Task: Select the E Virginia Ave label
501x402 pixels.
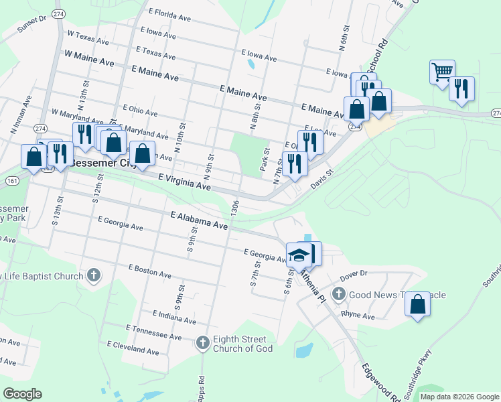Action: pyautogui.click(x=184, y=182)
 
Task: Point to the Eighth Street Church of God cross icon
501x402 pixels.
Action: pyautogui.click(x=203, y=344)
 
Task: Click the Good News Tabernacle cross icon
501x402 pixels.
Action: pyautogui.click(x=339, y=294)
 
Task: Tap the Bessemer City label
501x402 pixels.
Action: pyautogui.click(x=102, y=163)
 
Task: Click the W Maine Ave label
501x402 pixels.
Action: pyautogui.click(x=89, y=59)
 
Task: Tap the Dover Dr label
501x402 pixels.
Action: pyautogui.click(x=354, y=273)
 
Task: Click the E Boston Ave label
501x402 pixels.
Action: pyautogui.click(x=150, y=271)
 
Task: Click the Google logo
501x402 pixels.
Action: pyautogui.click(x=22, y=394)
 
